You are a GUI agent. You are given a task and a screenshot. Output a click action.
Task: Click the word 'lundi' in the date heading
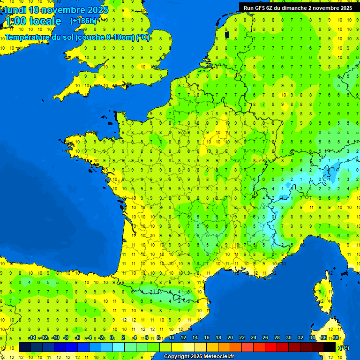(15, 10)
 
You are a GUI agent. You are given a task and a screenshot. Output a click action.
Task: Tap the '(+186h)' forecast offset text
(83, 21)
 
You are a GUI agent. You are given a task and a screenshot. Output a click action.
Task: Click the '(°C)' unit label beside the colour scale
(344, 347)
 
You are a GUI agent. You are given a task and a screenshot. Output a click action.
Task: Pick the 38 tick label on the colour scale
(335, 338)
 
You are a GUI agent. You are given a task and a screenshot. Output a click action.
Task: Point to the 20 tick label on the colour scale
(230, 338)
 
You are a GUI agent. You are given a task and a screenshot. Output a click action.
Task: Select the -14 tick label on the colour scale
(32, 338)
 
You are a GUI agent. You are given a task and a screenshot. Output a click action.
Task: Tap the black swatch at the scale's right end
(330, 347)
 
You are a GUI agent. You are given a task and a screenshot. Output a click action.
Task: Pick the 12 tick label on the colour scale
(183, 338)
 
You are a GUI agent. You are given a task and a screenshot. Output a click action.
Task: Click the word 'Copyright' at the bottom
(177, 357)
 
